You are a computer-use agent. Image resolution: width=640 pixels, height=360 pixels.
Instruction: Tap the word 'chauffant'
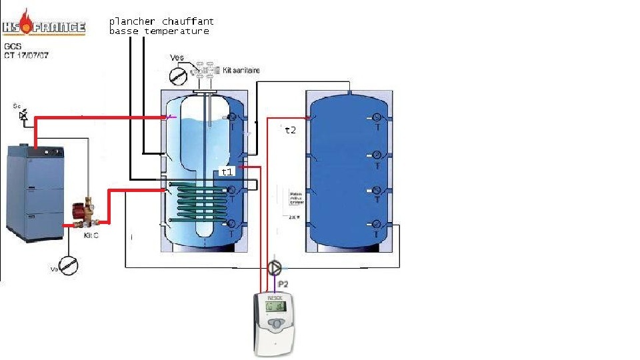(187, 22)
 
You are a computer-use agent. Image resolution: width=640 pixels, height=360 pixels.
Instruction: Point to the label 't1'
(227, 172)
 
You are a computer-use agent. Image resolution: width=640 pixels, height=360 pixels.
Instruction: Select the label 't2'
(290, 130)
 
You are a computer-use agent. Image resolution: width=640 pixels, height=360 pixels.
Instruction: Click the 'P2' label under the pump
(283, 283)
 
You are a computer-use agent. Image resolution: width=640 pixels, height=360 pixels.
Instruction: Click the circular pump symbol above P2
(274, 268)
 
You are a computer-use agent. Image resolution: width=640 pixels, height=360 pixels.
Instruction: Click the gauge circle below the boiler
(68, 265)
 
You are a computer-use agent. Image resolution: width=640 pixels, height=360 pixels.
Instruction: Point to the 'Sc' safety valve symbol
(24, 115)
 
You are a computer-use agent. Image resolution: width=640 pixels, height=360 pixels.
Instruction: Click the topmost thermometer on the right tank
(377, 118)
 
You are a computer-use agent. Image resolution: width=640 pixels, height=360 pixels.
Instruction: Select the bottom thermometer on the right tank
(377, 225)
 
